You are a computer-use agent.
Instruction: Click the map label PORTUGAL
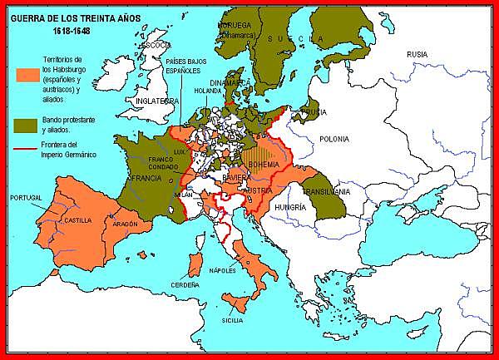click(25, 198)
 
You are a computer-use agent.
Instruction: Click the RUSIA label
click(417, 54)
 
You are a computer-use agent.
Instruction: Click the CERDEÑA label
click(186, 284)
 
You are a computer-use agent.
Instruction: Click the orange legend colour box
click(25, 73)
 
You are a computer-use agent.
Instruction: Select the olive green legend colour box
click(25, 126)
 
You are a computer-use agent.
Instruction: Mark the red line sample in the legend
click(25, 151)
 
